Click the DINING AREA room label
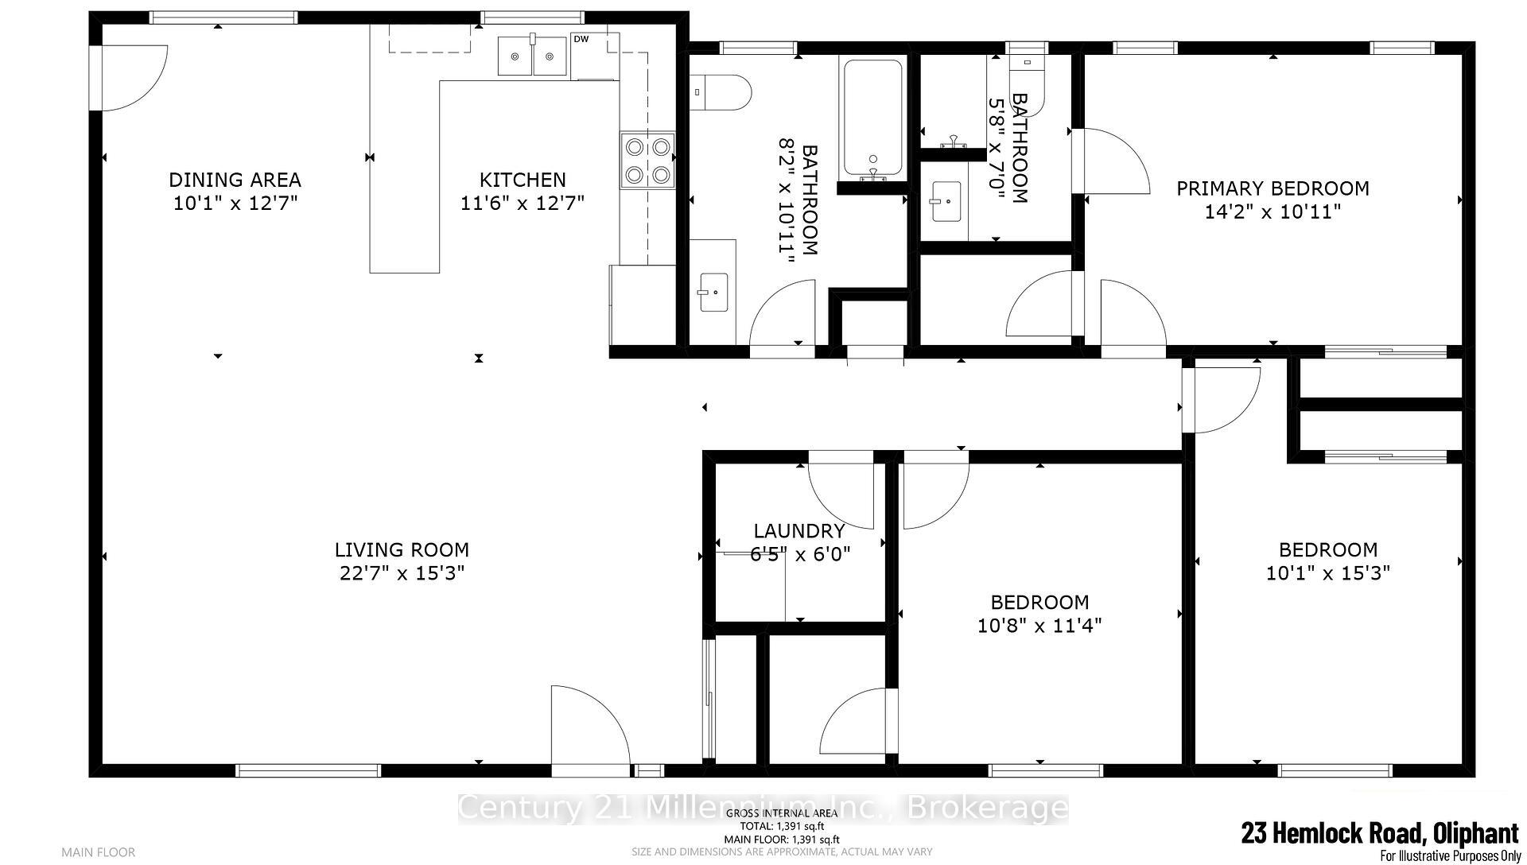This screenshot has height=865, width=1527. pyautogui.click(x=235, y=180)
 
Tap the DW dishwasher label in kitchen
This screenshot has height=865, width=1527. pyautogui.click(x=581, y=39)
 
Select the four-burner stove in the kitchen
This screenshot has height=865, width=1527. pyautogui.click(x=647, y=161)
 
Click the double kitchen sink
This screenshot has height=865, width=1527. pyautogui.click(x=532, y=56)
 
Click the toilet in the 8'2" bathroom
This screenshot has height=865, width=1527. pyautogui.click(x=723, y=91)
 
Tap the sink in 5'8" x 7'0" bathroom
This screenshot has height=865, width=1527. pyautogui.click(x=945, y=202)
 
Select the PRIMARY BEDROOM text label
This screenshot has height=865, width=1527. pyautogui.click(x=1272, y=188)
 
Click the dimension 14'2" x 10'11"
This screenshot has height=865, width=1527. pyautogui.click(x=1272, y=212)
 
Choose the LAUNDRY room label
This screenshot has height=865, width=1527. pyautogui.click(x=798, y=530)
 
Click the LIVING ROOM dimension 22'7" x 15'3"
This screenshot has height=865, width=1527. pyautogui.click(x=402, y=573)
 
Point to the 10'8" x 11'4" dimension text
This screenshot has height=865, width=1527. pyautogui.click(x=1039, y=626)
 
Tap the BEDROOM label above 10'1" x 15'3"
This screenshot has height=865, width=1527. pyautogui.click(x=1327, y=549)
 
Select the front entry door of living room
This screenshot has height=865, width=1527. pyautogui.click(x=589, y=731)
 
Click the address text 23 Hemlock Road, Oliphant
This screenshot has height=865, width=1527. pyautogui.click(x=1379, y=833)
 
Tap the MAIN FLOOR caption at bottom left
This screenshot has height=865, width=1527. pyautogui.click(x=99, y=852)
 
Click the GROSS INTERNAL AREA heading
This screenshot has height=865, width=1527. pyautogui.click(x=781, y=813)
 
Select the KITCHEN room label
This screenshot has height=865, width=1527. pyautogui.click(x=523, y=180)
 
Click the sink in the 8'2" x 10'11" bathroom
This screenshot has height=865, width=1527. pyautogui.click(x=713, y=292)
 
